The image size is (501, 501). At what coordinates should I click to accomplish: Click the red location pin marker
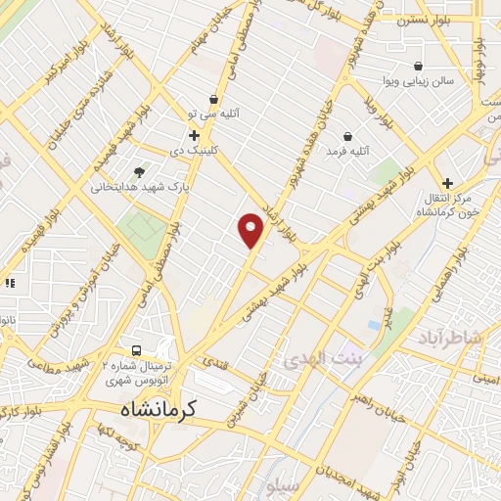click(x=251, y=229)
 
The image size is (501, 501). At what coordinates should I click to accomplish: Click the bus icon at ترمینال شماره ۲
click(x=137, y=350)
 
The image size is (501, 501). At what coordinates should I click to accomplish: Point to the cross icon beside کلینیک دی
click(x=194, y=135)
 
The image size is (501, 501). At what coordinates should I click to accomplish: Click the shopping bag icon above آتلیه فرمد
click(x=348, y=136)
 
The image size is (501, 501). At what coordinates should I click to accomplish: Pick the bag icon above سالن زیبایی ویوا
click(x=418, y=66)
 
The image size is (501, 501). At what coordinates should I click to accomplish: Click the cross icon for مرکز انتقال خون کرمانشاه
click(x=447, y=183)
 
